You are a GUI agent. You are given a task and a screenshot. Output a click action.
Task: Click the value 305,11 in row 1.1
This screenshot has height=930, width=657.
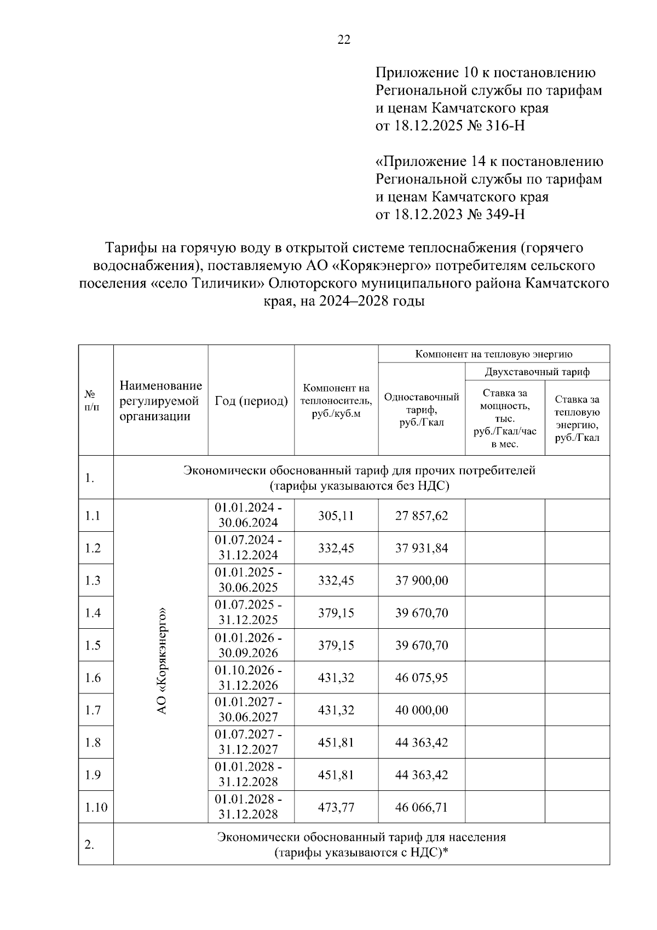pos(336,515)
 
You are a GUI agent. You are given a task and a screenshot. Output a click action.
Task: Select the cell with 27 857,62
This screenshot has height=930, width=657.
pos(422,515)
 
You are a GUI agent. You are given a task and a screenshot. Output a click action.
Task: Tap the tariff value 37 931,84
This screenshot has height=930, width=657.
pos(422,548)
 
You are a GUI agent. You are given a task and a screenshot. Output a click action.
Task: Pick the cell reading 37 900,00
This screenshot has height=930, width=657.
pos(422,580)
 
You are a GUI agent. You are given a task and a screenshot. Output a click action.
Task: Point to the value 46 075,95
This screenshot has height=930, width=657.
pos(422,678)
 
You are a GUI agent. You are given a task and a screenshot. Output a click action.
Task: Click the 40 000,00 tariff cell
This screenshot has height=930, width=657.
pos(422,710)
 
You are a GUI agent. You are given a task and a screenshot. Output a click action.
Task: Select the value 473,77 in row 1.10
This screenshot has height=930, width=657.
pos(336,807)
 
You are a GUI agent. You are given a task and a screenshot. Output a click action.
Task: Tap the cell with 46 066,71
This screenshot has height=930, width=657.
pos(422,807)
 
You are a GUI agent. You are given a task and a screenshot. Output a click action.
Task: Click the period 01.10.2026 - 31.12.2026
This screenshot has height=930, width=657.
pos(249,678)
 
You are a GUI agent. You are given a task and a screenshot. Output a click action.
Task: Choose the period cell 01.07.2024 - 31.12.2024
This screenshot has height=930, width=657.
pos(249,548)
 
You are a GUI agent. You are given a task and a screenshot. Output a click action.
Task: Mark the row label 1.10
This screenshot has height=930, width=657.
pos(96,807)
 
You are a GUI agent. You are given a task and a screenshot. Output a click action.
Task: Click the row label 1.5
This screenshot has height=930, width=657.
pos(93,645)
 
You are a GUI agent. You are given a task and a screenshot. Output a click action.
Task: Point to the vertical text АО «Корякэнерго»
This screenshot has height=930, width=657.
pos(161,661)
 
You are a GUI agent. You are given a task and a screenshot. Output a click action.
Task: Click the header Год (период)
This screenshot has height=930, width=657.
pos(251,401)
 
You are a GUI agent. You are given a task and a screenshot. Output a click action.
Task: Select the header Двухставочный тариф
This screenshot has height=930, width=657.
pos(537,372)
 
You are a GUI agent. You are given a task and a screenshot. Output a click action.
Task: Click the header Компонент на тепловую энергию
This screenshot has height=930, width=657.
pos(494,354)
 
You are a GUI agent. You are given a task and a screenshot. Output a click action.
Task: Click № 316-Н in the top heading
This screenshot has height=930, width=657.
pos(496,126)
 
